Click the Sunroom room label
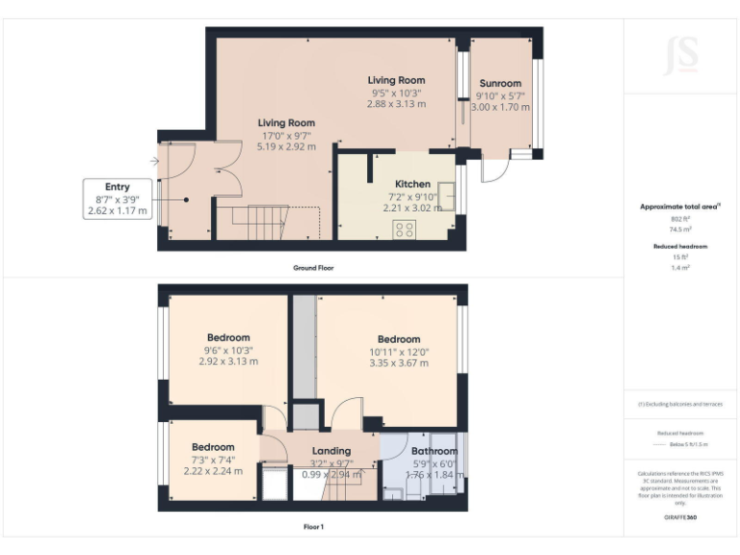(500, 84)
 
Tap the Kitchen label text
(412, 184)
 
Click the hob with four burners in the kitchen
(405, 229)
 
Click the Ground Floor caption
(313, 267)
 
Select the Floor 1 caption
(313, 527)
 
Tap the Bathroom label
(435, 451)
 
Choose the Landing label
(331, 451)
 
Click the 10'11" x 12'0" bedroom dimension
(398, 352)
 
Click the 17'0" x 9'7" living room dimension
(285, 136)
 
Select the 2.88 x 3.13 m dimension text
(396, 104)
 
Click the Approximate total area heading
(680, 207)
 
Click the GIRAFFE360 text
(680, 517)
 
